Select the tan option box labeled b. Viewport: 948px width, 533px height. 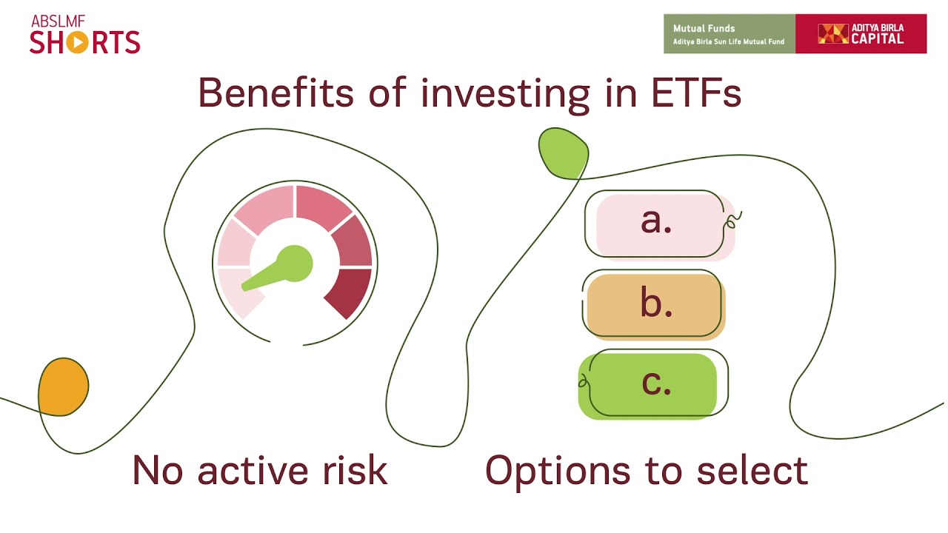655,305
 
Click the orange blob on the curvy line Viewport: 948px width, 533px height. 64,386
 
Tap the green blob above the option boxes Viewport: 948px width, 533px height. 563,152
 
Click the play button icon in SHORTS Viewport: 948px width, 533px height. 76,42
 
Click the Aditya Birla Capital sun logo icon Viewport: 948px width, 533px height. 832,33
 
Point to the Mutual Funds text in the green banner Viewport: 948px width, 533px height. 704,28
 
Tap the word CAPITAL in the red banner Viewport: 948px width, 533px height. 877,39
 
